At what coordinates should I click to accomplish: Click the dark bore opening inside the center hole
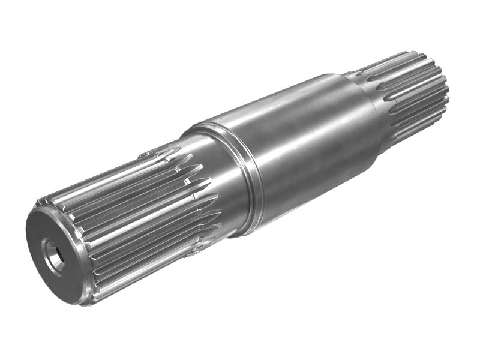click(x=55, y=256)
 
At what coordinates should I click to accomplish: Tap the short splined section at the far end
click(x=414, y=96)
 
